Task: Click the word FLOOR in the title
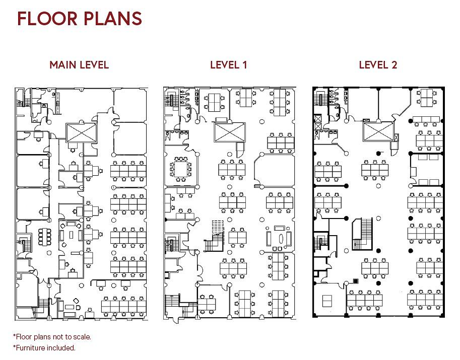[x=47, y=19]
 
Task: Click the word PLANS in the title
[x=113, y=19]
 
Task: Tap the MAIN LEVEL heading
[x=79, y=65]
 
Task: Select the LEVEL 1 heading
[x=229, y=65]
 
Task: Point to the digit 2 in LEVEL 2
[x=394, y=65]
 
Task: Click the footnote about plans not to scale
[x=52, y=337]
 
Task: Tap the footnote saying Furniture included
[x=44, y=348]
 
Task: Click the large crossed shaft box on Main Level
[x=81, y=133]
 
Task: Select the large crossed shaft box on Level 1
[x=230, y=132]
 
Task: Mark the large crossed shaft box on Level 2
[x=378, y=131]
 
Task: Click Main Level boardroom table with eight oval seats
[x=45, y=237]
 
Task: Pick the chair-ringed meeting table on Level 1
[x=180, y=169]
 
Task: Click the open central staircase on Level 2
[x=362, y=234]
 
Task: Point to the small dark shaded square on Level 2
[x=356, y=281]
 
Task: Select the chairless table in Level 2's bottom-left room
[x=327, y=301]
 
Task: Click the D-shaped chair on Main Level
[x=78, y=308]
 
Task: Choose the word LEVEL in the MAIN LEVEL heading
[x=93, y=65]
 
